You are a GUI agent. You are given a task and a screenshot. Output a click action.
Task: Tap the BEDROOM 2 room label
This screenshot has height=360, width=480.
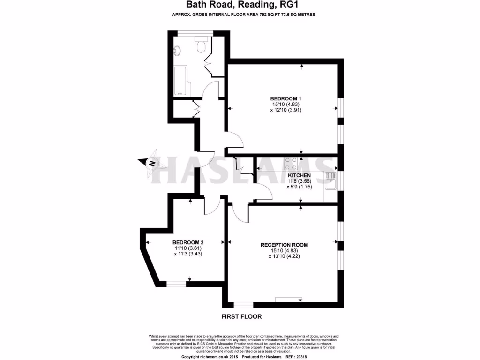187,242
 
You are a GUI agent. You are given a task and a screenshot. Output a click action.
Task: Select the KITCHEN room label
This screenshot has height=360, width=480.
299,175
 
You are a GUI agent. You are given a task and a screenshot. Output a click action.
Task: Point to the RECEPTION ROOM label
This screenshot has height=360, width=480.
284,245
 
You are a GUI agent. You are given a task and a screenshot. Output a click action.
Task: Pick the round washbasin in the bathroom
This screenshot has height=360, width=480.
178,51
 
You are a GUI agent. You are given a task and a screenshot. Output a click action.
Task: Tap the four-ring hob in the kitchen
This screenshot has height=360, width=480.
291,163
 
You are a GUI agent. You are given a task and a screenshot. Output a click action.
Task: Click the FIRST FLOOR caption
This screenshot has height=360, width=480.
241,316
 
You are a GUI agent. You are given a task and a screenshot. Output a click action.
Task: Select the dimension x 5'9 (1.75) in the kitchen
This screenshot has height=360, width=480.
299,187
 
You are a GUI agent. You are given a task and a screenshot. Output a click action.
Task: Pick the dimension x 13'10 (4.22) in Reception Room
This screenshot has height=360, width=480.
285,256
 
